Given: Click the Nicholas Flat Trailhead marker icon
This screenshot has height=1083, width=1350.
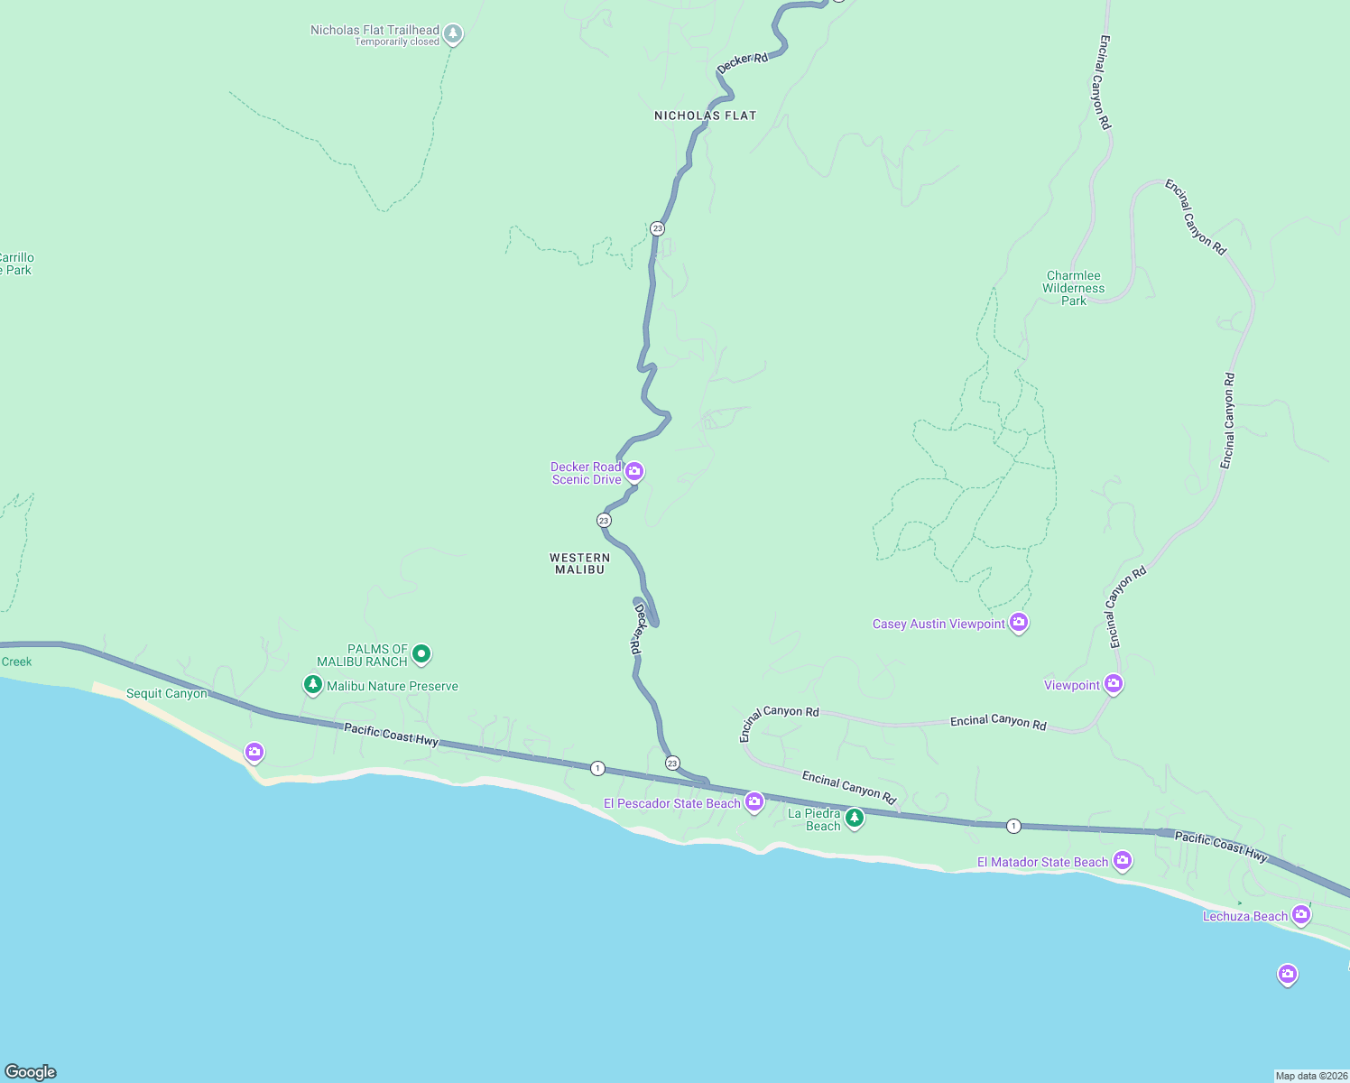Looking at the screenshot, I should point(453,34).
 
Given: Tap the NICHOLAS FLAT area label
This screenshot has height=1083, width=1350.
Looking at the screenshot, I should point(705,116).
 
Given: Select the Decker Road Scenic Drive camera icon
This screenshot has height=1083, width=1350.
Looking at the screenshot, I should point(634,472).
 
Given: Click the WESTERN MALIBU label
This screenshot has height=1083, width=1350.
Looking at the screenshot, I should point(580,563).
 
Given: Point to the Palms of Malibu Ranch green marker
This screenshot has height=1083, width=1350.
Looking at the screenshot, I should point(421,653).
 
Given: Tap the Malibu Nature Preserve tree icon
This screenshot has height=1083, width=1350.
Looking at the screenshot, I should point(313,685).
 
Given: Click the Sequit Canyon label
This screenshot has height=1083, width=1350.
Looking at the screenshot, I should point(167,693).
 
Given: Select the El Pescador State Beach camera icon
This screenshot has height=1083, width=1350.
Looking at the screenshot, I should point(754,801).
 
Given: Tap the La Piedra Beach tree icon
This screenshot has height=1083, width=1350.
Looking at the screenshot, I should point(855,818).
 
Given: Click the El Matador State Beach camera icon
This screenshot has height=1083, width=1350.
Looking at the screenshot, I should point(1123,860).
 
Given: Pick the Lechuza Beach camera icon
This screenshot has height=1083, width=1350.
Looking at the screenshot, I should point(1300,914).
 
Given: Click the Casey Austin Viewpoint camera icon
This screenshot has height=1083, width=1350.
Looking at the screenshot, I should point(1019,622).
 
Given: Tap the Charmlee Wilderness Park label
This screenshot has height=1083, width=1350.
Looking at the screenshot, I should point(1073,288).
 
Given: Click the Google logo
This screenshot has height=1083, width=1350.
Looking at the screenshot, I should point(31,1071).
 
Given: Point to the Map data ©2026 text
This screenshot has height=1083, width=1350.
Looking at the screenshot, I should point(1310,1076).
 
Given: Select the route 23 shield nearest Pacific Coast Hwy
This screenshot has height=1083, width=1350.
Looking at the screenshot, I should point(672,764).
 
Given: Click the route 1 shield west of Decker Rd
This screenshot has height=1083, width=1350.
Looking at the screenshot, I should point(597,768).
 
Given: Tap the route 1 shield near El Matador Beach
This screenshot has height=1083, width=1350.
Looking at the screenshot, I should point(1013,826).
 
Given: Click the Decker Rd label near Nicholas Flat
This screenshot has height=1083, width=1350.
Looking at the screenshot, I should point(743,63).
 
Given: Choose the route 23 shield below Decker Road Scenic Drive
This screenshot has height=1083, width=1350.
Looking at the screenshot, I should point(604,520).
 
